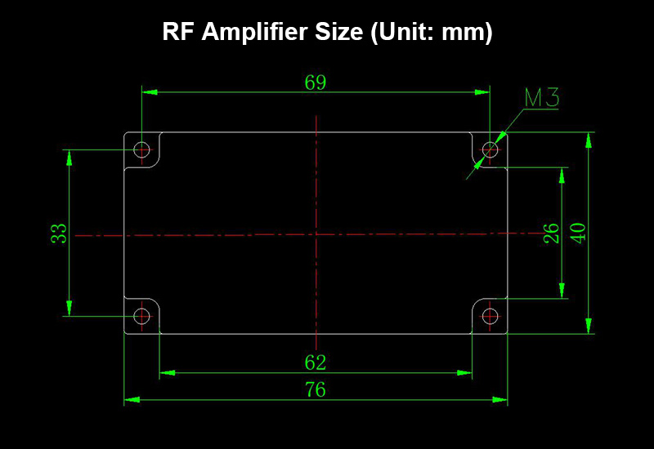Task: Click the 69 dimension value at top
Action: [316, 82]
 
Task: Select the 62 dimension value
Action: [316, 362]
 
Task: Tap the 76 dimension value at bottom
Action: [316, 389]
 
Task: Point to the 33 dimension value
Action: [59, 234]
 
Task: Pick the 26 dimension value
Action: [552, 233]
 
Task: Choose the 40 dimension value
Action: [578, 233]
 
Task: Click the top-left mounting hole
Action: [142, 149]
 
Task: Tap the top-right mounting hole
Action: [490, 149]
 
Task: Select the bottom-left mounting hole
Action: [142, 315]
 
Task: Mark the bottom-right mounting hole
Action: [490, 315]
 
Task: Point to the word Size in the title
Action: [343, 33]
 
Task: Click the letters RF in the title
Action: [179, 33]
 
